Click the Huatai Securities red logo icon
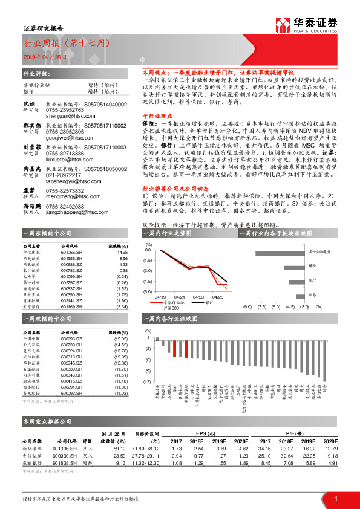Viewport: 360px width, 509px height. (x=283, y=25)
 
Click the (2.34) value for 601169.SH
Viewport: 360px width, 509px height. (x=122, y=306)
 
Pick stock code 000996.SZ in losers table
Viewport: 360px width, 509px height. (x=72, y=339)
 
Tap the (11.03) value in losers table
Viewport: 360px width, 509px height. (x=121, y=394)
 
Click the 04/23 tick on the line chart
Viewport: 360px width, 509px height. (x=198, y=297)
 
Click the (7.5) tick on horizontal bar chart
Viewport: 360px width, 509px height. (x=261, y=306)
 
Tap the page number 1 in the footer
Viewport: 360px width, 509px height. (x=335, y=497)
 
